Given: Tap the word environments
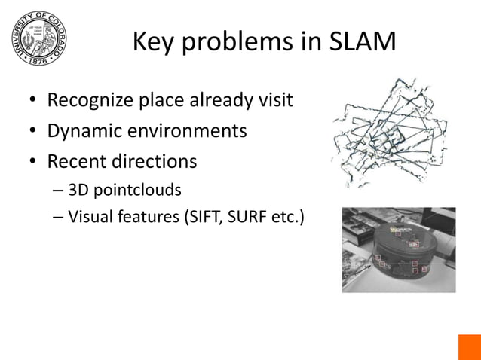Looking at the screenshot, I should [185, 131].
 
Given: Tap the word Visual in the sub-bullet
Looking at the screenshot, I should [90, 218].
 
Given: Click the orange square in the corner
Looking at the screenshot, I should [469, 347].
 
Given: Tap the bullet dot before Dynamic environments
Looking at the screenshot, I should [33, 133].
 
